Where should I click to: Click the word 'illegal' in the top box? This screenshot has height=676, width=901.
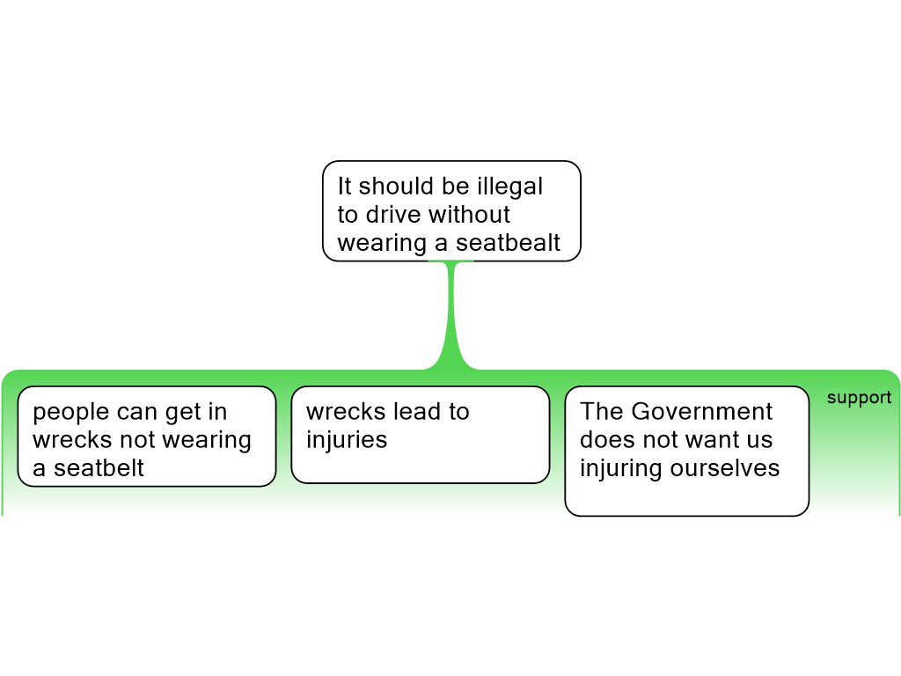pyautogui.click(x=509, y=187)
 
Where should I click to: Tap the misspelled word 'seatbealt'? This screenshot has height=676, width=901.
pyautogui.click(x=510, y=243)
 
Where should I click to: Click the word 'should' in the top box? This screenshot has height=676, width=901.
pyautogui.click(x=395, y=187)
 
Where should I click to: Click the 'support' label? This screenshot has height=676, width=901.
pyautogui.click(x=859, y=398)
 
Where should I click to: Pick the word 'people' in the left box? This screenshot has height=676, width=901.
pyautogui.click(x=70, y=412)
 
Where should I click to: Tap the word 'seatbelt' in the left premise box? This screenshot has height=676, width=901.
pyautogui.click(x=99, y=468)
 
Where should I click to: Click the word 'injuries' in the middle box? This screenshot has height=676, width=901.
pyautogui.click(x=347, y=440)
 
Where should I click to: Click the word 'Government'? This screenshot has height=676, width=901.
pyautogui.click(x=702, y=412)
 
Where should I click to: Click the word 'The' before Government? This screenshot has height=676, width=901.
pyautogui.click(x=602, y=412)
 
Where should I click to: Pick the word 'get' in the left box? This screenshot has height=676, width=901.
pyautogui.click(x=180, y=412)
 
